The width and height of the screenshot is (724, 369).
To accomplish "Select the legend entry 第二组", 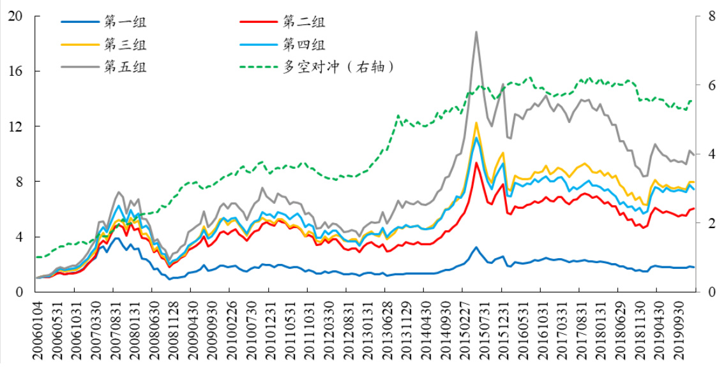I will (x=304, y=22).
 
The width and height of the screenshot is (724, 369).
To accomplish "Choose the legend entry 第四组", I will (x=304, y=44).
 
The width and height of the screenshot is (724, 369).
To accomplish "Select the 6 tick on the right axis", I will (x=707, y=85).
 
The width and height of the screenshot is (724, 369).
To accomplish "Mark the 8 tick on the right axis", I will (x=707, y=17).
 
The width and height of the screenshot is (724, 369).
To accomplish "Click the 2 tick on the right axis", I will (x=707, y=223).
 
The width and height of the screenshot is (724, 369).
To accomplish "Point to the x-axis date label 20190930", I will (x=681, y=331).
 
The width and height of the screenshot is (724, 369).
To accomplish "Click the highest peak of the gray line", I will (x=476, y=32).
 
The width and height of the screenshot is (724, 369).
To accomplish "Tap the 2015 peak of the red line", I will (x=476, y=163).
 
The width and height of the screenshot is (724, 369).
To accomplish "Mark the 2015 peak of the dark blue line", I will (x=476, y=247).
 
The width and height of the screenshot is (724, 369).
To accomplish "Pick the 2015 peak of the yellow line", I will (x=476, y=123).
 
